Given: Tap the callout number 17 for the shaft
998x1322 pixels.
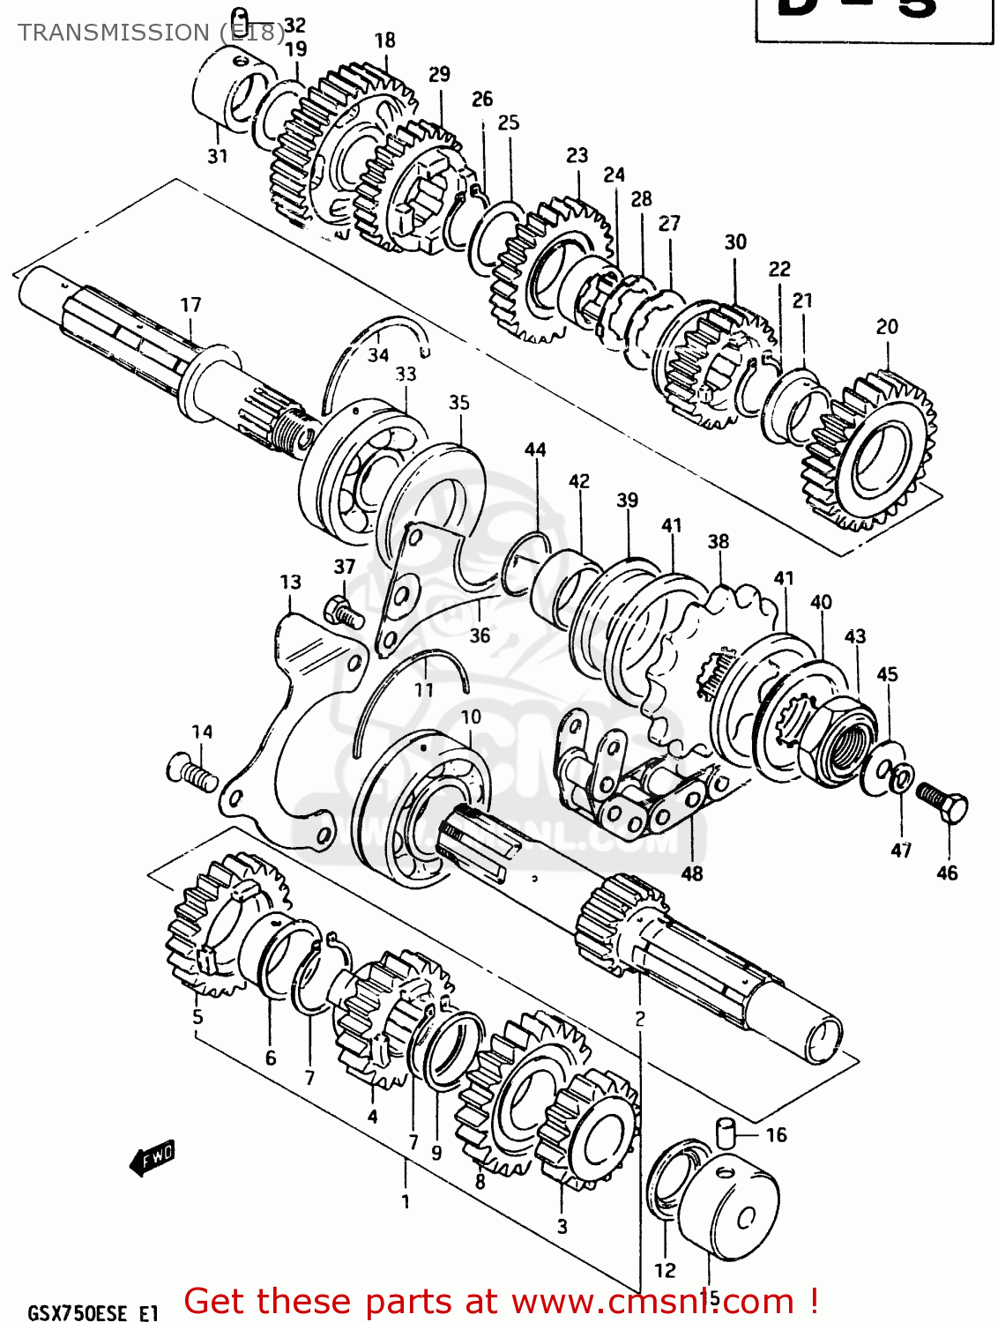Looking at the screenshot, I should [190, 305].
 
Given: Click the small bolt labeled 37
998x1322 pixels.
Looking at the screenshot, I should [344, 610].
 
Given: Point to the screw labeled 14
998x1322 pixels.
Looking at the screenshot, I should [191, 771].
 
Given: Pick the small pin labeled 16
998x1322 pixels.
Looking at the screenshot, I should [725, 1132].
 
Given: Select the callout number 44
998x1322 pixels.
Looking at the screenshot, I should [535, 449].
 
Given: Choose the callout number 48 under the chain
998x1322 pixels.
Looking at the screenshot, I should [692, 873].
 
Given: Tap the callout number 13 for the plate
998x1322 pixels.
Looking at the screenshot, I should [290, 582].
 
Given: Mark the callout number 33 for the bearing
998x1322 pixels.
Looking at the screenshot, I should [406, 374].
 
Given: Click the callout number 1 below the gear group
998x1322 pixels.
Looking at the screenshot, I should [406, 1200].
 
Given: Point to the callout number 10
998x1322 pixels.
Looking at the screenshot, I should [471, 717].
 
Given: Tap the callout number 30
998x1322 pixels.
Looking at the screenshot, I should [735, 241].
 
